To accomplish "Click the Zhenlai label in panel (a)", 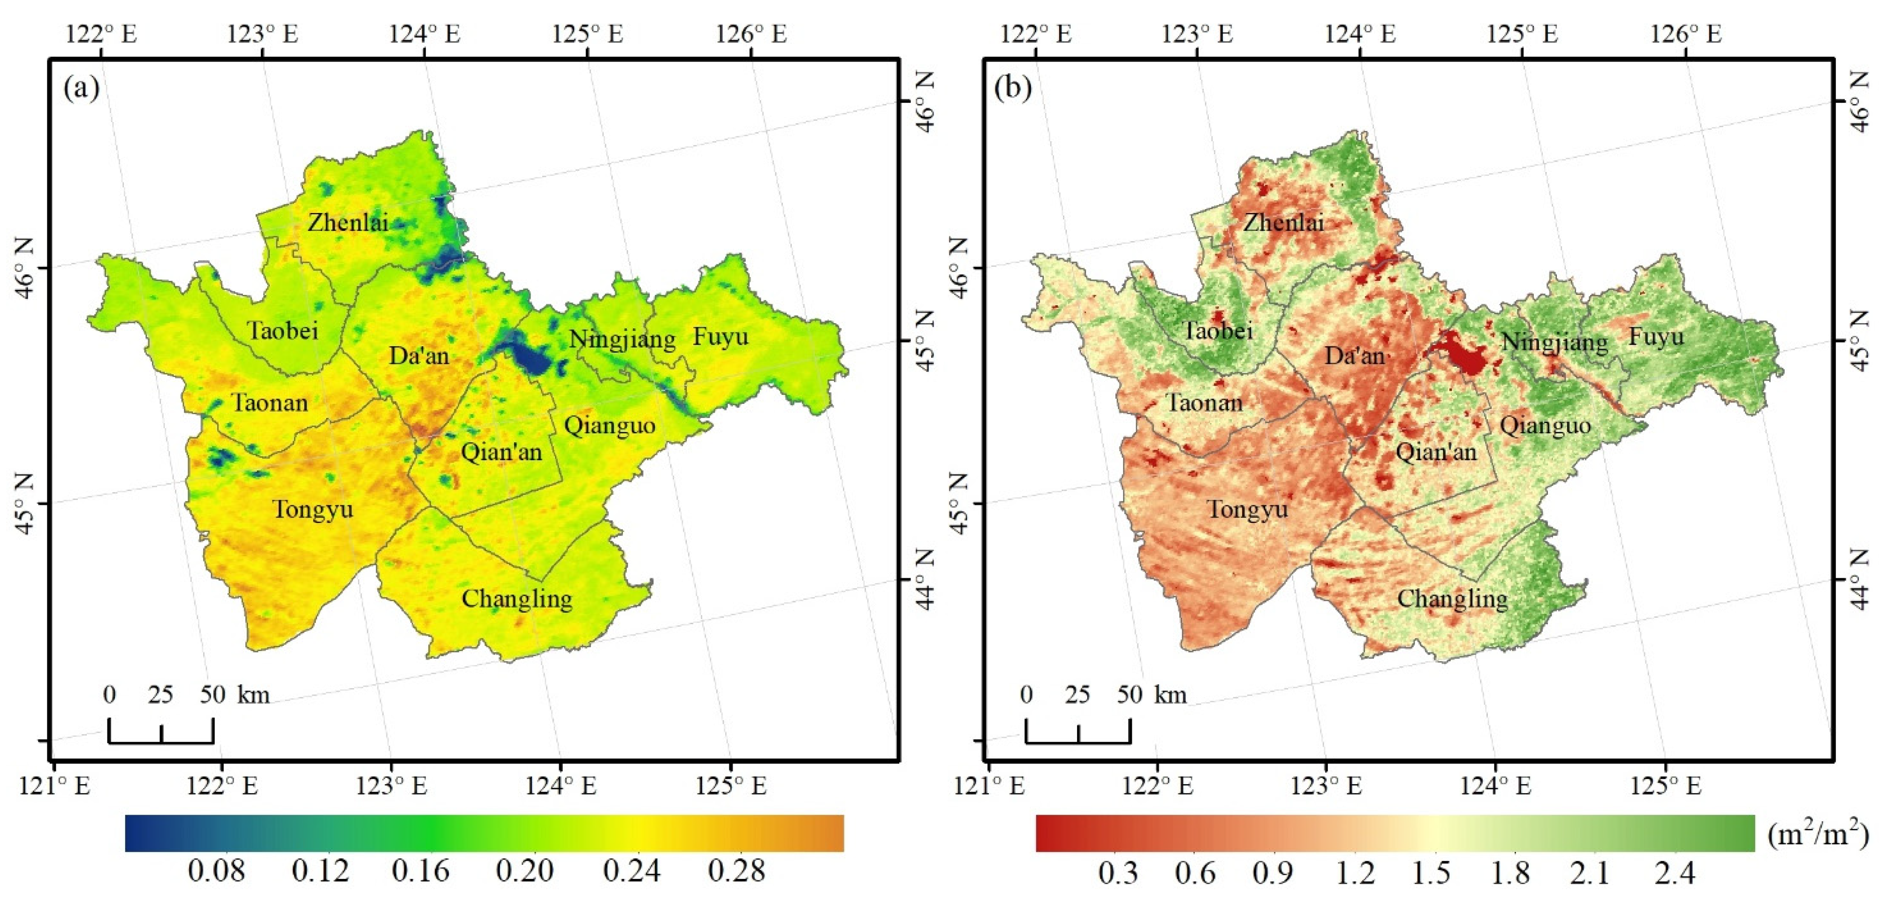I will pyautogui.click(x=348, y=222).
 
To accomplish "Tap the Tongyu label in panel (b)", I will pyautogui.click(x=1247, y=509).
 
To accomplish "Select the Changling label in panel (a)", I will pyautogui.click(x=517, y=599).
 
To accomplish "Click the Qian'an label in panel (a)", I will pyautogui.click(x=501, y=452).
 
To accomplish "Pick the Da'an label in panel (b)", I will pyautogui.click(x=1355, y=356).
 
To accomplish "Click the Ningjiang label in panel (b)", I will pyautogui.click(x=1555, y=342).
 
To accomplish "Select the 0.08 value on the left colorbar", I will pyautogui.click(x=217, y=871).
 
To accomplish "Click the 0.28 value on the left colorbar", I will pyautogui.click(x=737, y=871).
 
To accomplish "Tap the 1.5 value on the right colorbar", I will pyautogui.click(x=1431, y=872).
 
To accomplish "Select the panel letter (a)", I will pyautogui.click(x=81, y=88).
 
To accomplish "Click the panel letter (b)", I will pyautogui.click(x=1014, y=88).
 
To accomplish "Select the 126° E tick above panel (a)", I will pyautogui.click(x=751, y=34).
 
